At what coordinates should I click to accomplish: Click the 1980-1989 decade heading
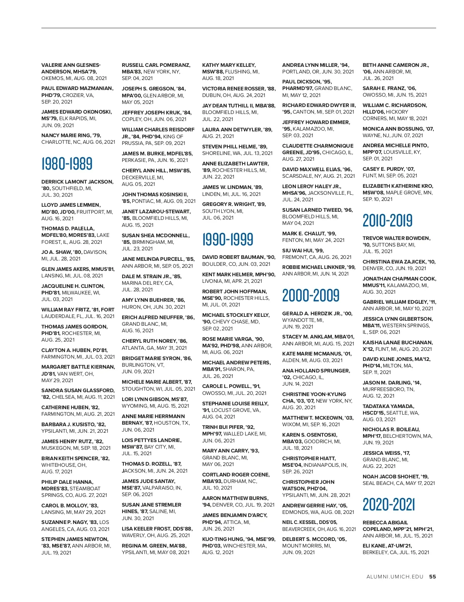[67, 163]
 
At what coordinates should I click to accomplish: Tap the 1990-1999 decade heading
[228, 239]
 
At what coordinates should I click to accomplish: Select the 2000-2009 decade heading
[311, 296]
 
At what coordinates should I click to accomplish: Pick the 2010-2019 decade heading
[387, 220]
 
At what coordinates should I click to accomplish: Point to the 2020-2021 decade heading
[389, 505]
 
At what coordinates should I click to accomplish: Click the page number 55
[432, 576]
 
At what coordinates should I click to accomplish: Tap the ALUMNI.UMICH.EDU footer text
[395, 576]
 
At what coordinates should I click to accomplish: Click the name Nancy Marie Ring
[66, 135]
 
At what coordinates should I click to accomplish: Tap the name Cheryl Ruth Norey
[148, 341]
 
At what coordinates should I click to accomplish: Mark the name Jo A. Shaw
[56, 252]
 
